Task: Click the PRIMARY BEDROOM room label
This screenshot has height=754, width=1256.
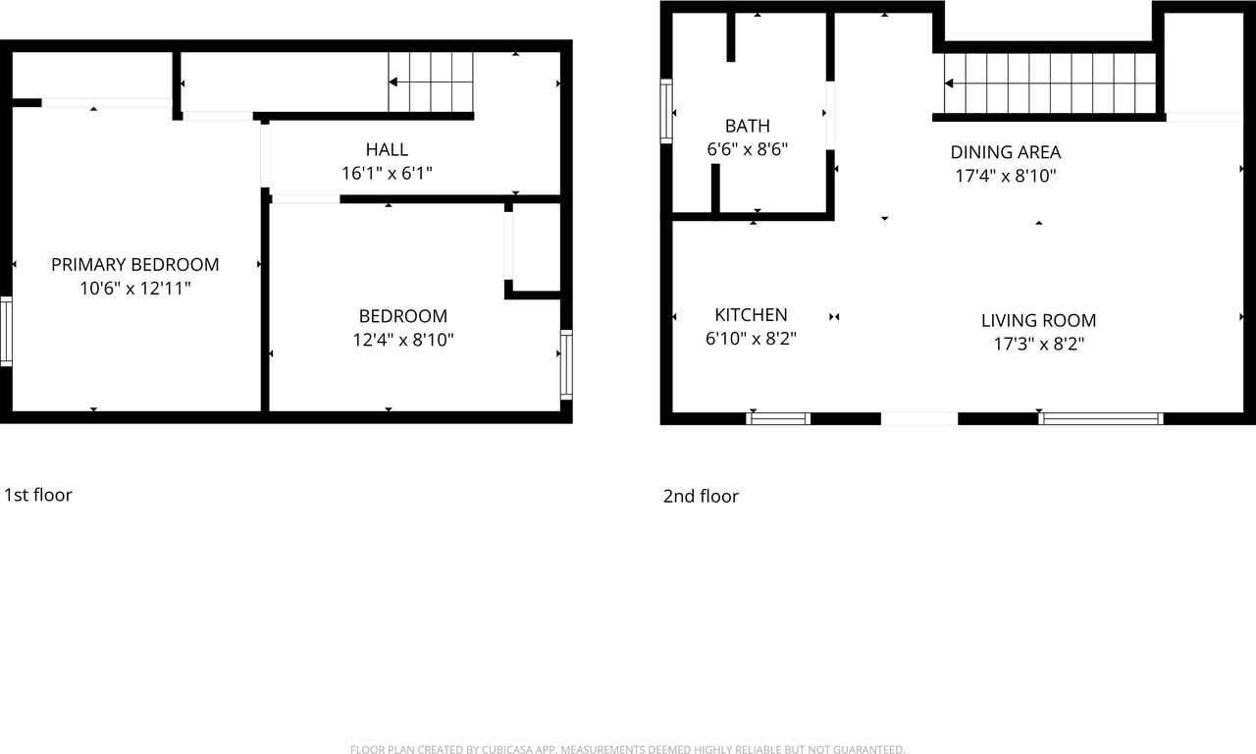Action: click(135, 264)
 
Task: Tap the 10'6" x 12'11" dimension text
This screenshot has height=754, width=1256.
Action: click(135, 289)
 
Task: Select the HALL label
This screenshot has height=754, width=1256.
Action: click(387, 149)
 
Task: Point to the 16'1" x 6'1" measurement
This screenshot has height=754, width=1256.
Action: click(387, 174)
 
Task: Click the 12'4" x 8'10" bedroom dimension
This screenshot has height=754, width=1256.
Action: click(403, 341)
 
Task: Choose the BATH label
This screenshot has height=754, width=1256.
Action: click(748, 126)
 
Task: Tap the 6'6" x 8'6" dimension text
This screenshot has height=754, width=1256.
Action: click(748, 150)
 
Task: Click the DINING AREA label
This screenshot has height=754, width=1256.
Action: click(1006, 152)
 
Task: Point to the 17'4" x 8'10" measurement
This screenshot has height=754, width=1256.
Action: click(1006, 177)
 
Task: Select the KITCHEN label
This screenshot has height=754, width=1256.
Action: click(751, 315)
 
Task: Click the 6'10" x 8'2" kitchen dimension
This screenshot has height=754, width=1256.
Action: click(751, 340)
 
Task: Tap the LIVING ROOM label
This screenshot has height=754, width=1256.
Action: click(1039, 320)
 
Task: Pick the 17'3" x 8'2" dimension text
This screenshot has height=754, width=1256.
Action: click(1039, 345)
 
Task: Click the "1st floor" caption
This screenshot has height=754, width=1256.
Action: click(38, 495)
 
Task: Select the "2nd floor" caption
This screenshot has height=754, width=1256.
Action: click(701, 497)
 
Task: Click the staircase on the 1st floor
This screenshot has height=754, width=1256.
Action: click(432, 82)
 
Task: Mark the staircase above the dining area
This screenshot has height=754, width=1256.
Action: click(1050, 83)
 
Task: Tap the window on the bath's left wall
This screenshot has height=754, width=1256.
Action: click(666, 112)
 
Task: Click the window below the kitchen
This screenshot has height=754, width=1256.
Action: click(778, 419)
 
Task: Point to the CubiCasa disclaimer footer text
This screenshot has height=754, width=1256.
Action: click(627, 750)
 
